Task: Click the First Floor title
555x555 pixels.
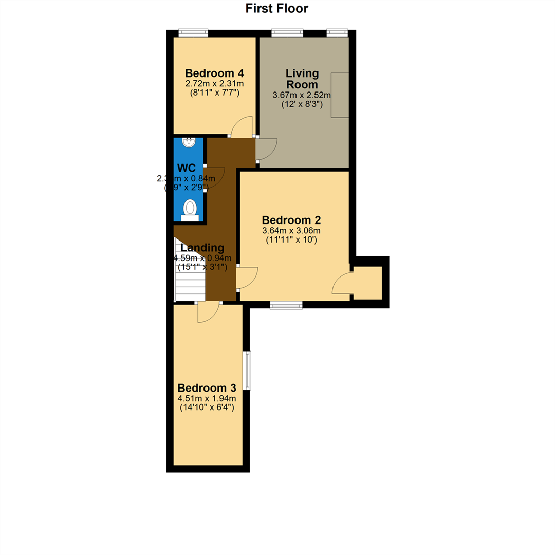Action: point(276,8)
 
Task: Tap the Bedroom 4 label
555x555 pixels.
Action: point(214,72)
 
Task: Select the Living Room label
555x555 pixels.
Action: point(302,79)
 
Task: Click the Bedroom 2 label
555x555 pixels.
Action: point(291,220)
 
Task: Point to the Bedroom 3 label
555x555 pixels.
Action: point(207,387)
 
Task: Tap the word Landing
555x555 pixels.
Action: point(202,248)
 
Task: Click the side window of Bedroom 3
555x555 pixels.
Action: point(247,370)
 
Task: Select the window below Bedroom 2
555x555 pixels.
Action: point(286,305)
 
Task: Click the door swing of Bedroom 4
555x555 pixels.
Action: point(242,127)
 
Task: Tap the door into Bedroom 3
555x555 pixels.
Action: point(208,312)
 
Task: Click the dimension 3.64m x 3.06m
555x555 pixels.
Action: point(291,231)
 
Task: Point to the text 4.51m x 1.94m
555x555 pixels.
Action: point(208,398)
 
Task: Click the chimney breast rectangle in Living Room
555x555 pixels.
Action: point(340,96)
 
